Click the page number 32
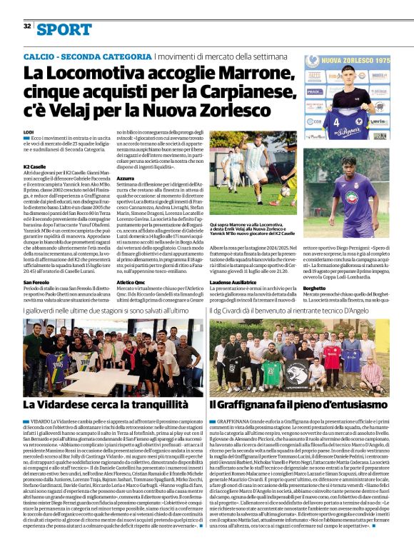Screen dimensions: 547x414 26,26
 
